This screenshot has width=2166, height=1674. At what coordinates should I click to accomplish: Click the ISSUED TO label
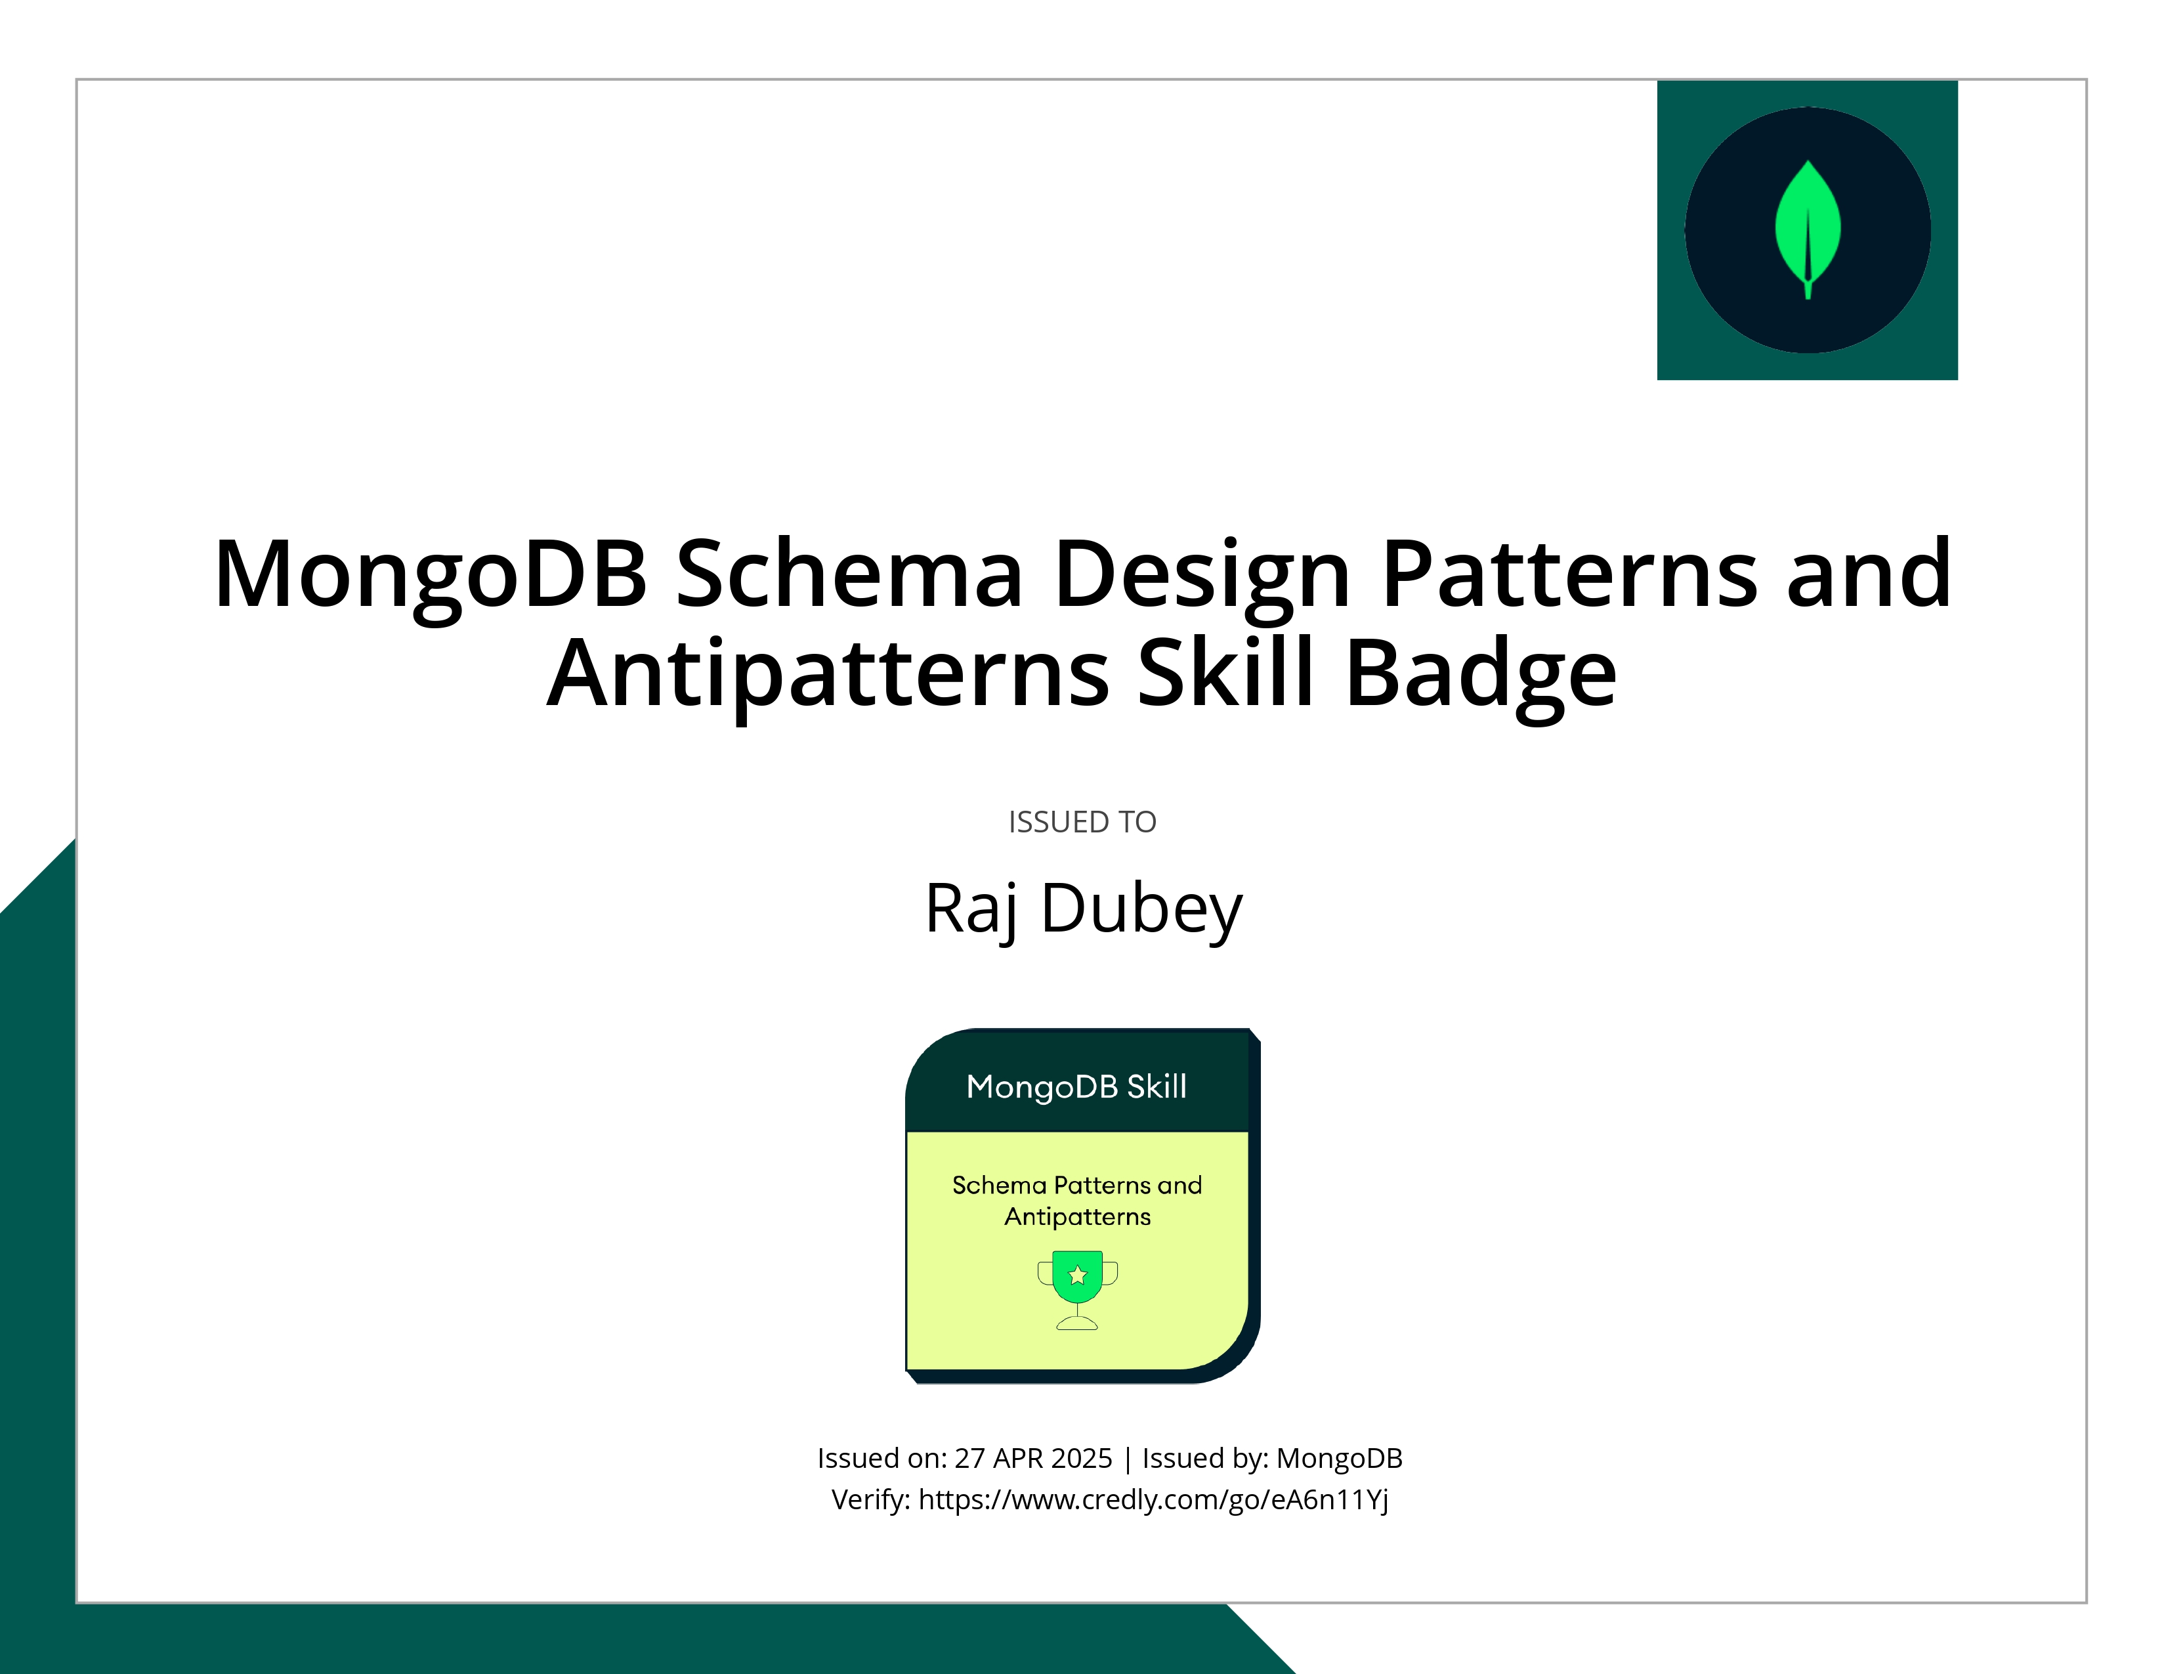pyautogui.click(x=1082, y=822)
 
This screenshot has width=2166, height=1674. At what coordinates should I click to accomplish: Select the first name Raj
pyautogui.click(x=971, y=909)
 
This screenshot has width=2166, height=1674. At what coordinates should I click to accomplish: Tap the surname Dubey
pyautogui.click(x=1141, y=909)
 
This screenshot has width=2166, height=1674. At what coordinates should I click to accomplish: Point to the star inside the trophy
pyautogui.click(x=1077, y=1276)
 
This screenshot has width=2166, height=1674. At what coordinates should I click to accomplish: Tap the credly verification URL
pyautogui.click(x=1153, y=1499)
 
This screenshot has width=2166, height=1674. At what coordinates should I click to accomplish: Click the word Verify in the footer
pyautogui.click(x=869, y=1499)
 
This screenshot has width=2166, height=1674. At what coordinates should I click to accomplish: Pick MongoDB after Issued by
pyautogui.click(x=1339, y=1458)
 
